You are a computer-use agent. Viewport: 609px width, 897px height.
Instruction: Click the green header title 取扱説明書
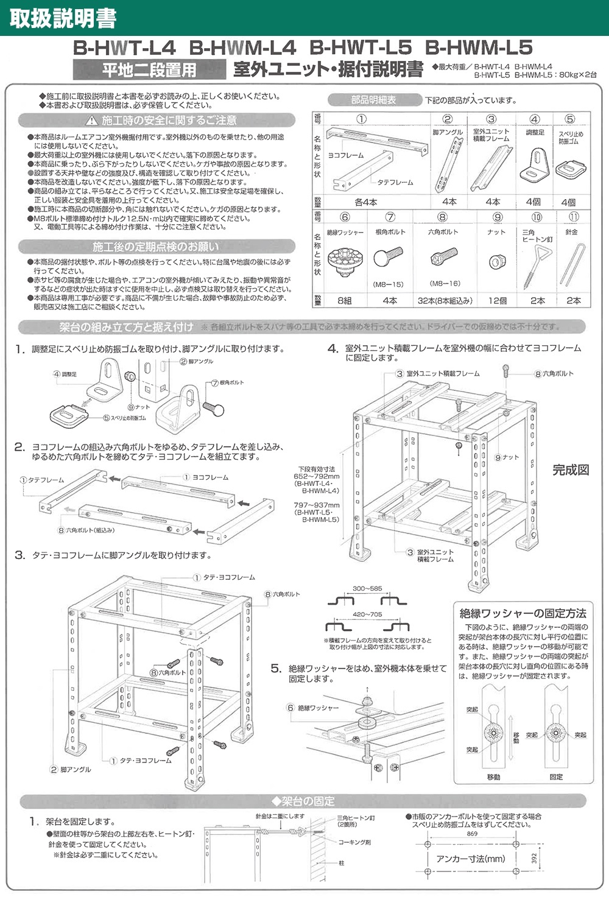coord(63,18)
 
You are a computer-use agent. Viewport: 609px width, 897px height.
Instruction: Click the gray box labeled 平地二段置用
coord(149,70)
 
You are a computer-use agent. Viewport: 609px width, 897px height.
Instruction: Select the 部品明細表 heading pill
coord(373,100)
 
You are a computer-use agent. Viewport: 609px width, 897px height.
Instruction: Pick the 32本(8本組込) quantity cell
coord(443,300)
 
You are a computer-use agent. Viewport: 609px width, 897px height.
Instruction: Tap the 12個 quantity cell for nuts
coord(497,300)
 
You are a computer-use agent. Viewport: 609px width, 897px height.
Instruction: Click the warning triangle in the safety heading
coord(92,121)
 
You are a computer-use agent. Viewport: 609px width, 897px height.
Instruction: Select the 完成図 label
coord(571,470)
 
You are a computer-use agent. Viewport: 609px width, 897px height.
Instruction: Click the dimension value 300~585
coord(367,589)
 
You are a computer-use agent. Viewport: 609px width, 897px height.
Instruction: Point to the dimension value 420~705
coord(367,614)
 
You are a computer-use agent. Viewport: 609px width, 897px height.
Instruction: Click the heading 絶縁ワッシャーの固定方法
coord(523,613)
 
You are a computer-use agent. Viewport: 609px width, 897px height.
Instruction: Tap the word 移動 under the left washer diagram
coord(493,777)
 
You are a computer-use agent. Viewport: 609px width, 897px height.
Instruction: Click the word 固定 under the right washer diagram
coord(555,777)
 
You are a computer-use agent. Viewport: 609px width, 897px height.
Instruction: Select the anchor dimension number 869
coord(472,834)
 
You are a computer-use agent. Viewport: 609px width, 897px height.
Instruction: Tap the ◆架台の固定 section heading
coord(303,801)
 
